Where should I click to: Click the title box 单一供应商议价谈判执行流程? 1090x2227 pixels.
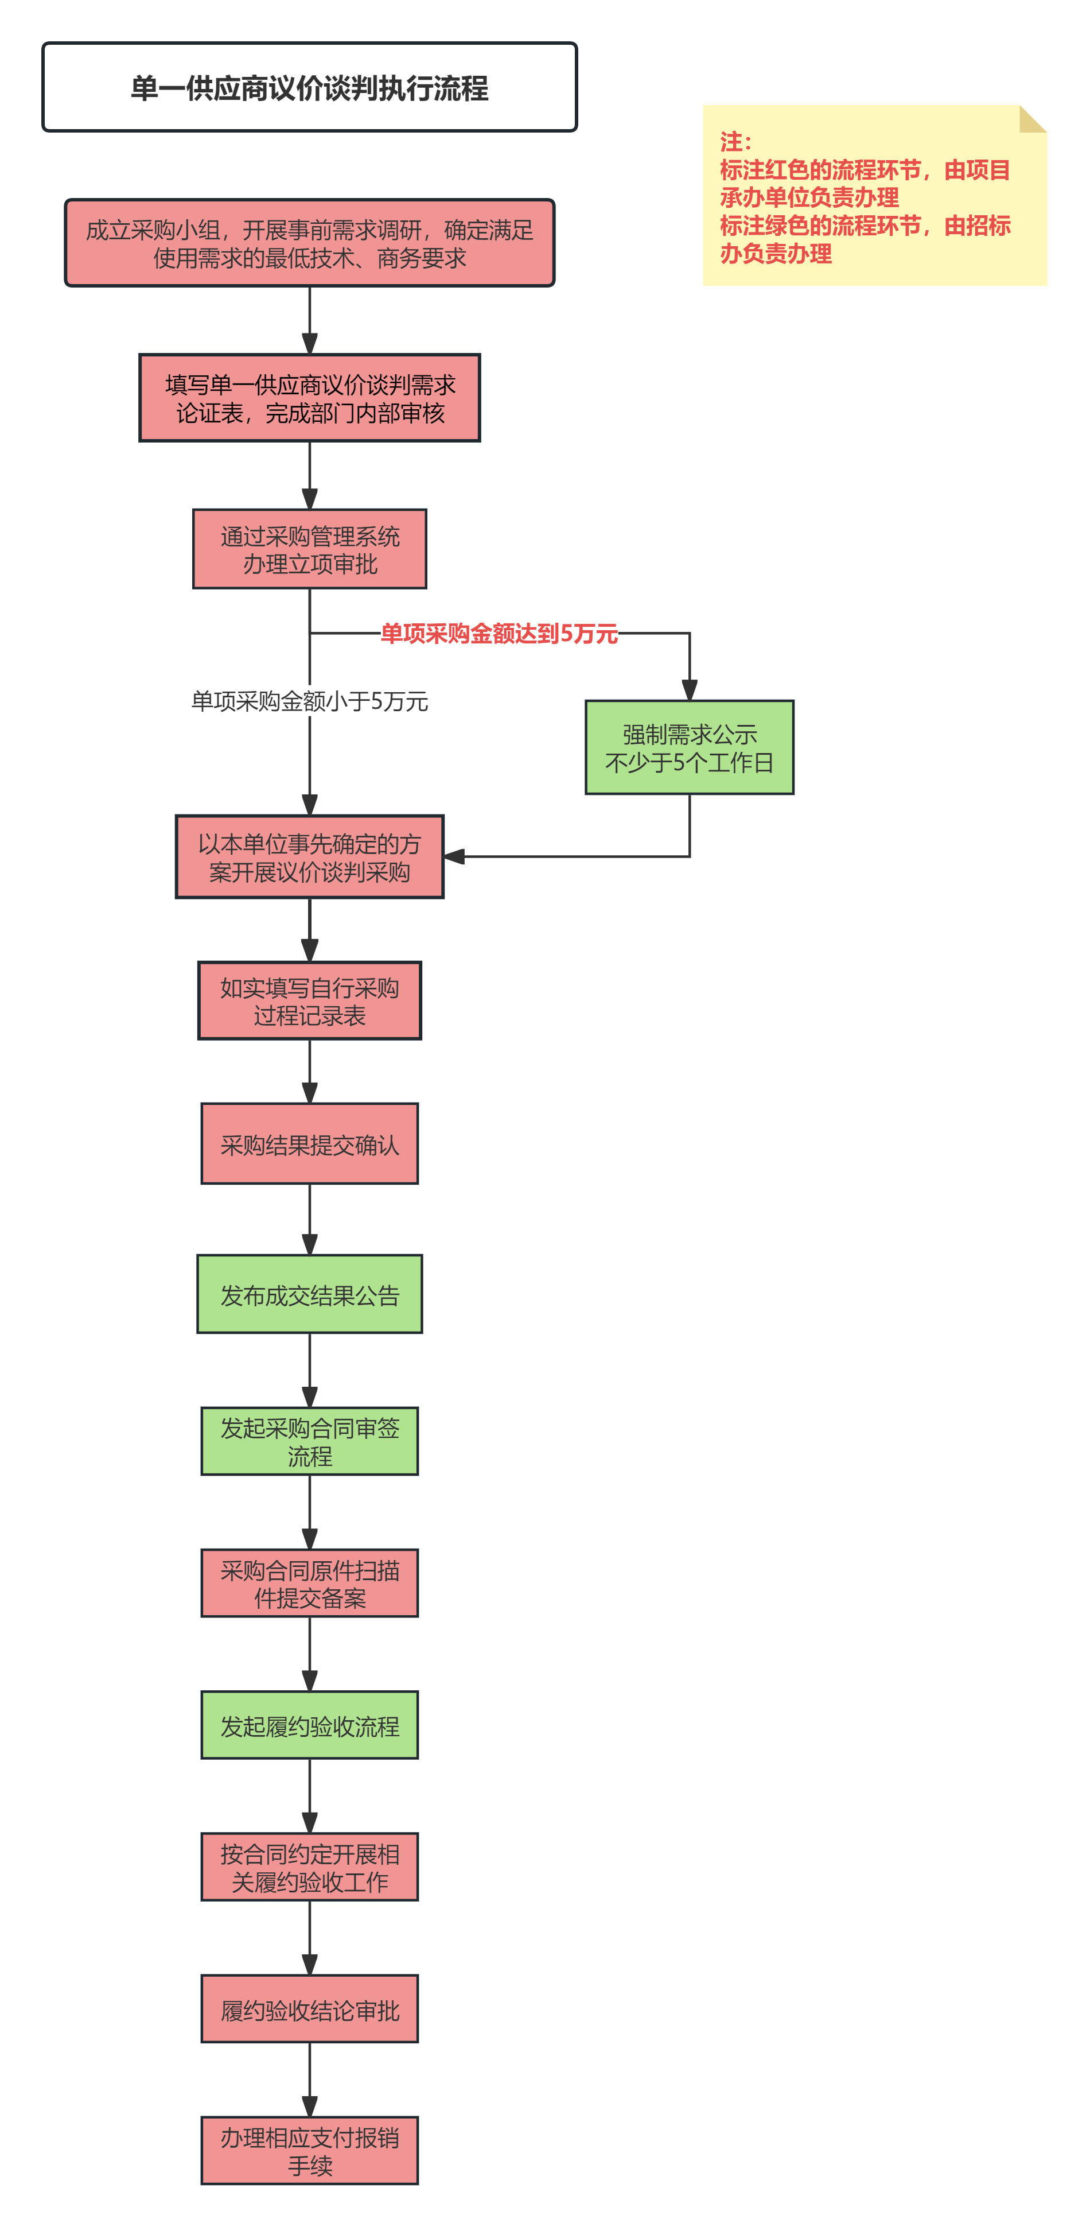point(309,87)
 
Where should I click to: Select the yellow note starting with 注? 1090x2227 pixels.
point(874,195)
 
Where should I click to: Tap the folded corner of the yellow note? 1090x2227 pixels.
point(1033,118)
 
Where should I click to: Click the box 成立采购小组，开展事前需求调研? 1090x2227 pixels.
point(309,243)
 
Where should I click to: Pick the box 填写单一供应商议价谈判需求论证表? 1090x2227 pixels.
point(309,398)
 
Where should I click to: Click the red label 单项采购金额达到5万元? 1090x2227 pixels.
point(500,634)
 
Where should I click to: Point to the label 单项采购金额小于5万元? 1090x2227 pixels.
point(309,701)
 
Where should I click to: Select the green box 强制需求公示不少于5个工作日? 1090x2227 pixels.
point(689,748)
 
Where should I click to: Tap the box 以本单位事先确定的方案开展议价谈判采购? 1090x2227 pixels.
point(309,857)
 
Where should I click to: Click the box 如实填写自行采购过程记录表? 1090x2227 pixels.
point(309,1001)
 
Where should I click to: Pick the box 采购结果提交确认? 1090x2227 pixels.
point(309,1144)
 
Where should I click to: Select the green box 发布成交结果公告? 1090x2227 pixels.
point(309,1294)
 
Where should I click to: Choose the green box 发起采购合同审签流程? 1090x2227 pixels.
point(309,1441)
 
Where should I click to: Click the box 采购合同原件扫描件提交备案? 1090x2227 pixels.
point(309,1583)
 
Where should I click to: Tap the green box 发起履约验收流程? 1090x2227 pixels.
point(309,1725)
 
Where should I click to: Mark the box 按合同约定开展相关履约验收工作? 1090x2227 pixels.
point(309,1867)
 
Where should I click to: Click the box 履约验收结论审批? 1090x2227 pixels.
point(309,2008)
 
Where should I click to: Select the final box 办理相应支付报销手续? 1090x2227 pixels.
point(309,2150)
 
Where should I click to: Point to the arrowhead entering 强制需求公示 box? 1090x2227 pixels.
point(689,690)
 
